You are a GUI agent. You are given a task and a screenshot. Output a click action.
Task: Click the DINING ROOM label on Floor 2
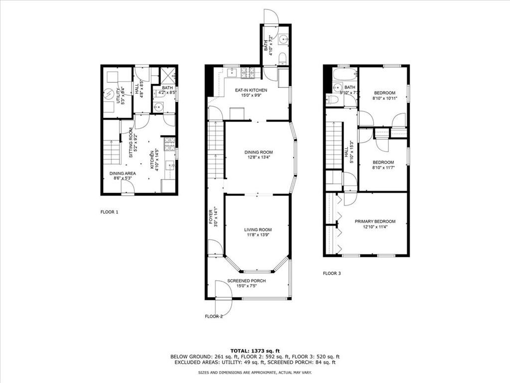[x=258, y=153]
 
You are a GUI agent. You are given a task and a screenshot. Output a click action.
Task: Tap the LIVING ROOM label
[x=258, y=230]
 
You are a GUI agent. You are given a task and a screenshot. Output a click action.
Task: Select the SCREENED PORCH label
[x=247, y=281]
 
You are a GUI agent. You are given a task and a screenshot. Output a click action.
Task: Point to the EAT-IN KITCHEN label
[x=251, y=90]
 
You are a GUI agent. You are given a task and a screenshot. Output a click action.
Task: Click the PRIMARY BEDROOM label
[x=375, y=221]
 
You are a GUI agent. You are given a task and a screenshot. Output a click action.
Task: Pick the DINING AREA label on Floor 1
[x=123, y=174]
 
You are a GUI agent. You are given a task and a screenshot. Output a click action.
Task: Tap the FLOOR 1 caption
[x=110, y=212]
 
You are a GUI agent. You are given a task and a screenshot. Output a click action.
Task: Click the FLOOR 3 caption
[x=332, y=273]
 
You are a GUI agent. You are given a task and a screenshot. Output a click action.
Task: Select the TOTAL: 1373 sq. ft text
[x=255, y=350]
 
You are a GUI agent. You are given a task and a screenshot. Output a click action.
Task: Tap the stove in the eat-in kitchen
[x=248, y=73]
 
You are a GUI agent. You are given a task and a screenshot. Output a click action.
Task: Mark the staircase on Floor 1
[x=112, y=152]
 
